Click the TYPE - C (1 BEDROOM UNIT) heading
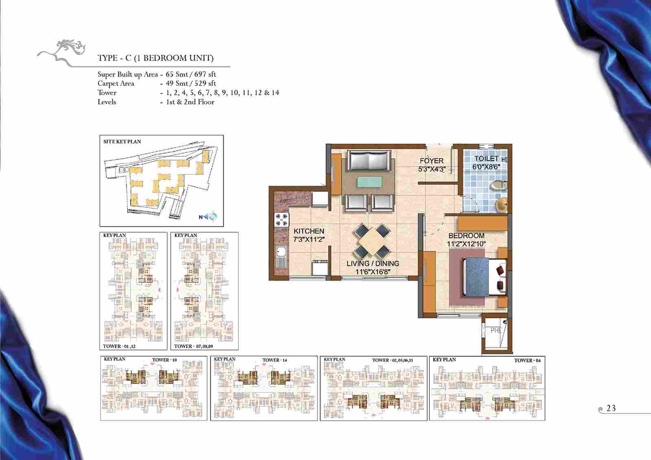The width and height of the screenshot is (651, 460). point(155,58)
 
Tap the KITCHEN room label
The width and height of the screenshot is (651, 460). point(309,231)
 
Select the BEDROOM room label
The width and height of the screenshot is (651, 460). point(466,235)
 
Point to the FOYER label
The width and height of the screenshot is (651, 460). point(432,161)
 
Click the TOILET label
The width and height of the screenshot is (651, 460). point(486,159)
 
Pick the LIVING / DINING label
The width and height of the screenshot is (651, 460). point(373,264)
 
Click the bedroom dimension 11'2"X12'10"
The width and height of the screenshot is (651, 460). point(466,244)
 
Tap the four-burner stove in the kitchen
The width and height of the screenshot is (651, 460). point(281,220)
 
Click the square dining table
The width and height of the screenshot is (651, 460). point(372,241)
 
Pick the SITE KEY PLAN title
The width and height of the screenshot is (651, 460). point(122,142)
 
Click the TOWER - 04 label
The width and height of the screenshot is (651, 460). point(527,361)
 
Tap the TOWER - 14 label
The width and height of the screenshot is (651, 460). point(274,360)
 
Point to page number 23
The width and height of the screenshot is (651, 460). point(611,408)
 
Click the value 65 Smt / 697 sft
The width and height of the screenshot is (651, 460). point(191,74)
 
